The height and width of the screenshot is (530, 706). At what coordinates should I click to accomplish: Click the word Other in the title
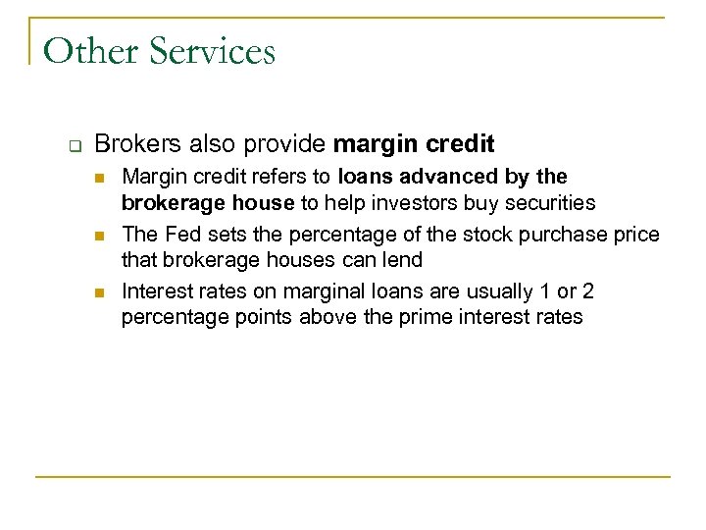[x=87, y=50]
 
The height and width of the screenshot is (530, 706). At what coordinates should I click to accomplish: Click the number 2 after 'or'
[x=587, y=291]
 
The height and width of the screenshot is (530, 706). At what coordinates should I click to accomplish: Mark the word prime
[x=418, y=317]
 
